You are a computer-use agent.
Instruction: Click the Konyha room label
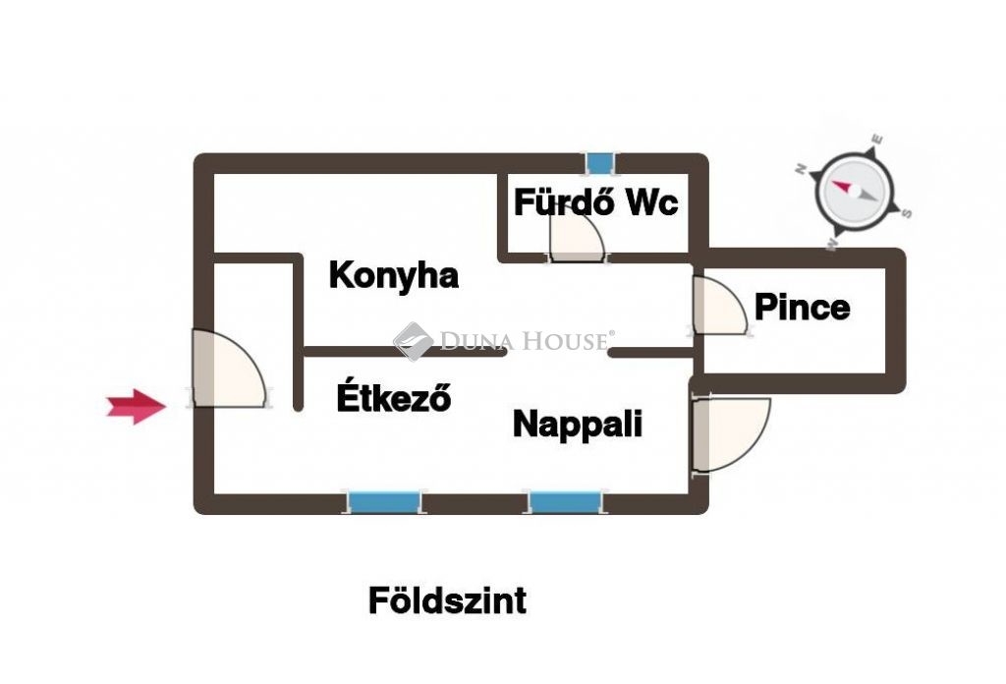pyautogui.click(x=393, y=276)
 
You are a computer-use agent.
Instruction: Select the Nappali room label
pyautogui.click(x=578, y=425)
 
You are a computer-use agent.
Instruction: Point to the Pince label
pyautogui.click(x=802, y=307)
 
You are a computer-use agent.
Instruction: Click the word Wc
pyautogui.click(x=652, y=202)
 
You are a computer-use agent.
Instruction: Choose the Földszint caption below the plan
pyautogui.click(x=447, y=601)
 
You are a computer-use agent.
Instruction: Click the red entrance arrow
pyautogui.click(x=136, y=406)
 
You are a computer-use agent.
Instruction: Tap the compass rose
pyautogui.click(x=854, y=194)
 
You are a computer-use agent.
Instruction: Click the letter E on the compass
pyautogui.click(x=877, y=140)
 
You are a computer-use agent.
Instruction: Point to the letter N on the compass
pyautogui.click(x=801, y=169)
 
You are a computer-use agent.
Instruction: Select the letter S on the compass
pyautogui.click(x=906, y=213)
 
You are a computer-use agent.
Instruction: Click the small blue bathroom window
pyautogui.click(x=600, y=163)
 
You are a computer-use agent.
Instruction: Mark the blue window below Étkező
pyautogui.click(x=384, y=502)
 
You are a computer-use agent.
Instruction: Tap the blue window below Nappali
pyautogui.click(x=565, y=502)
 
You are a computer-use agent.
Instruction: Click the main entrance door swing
pyautogui.click(x=230, y=369)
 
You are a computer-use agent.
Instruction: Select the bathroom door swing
pyautogui.click(x=577, y=238)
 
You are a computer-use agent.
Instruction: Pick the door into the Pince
pyautogui.click(x=720, y=305)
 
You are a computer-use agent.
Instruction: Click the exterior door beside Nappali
pyautogui.click(x=731, y=435)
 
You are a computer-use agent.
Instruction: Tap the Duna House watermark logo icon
pyautogui.click(x=413, y=341)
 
